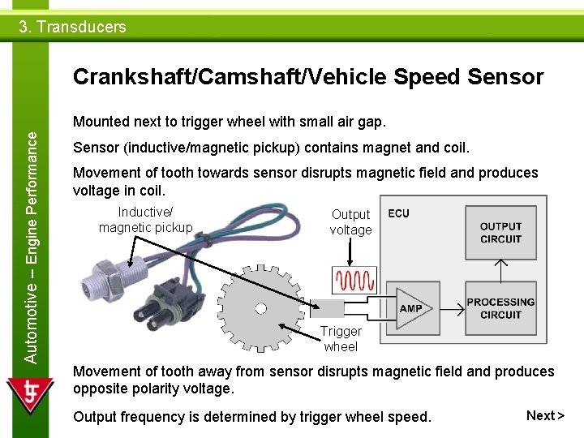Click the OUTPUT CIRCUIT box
tap(500, 233)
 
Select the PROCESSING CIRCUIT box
tap(500, 308)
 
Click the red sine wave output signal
tap(355, 281)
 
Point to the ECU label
tap(398, 213)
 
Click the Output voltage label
tap(350, 222)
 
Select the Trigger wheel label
tap(341, 339)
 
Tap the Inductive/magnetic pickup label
tap(146, 220)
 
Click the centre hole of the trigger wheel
tap(261, 308)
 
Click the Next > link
tap(545, 416)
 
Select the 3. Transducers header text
tap(73, 27)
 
